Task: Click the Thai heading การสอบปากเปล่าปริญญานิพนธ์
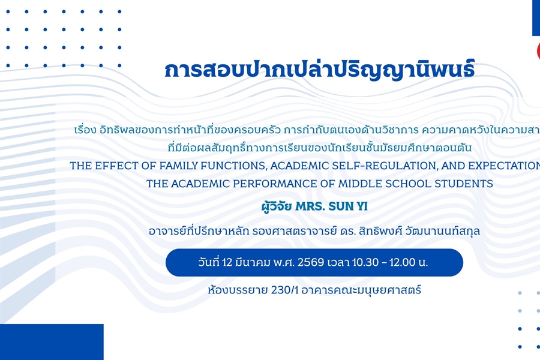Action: [x=319, y=70]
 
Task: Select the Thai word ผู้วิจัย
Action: [x=277, y=207]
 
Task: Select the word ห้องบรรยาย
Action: [x=229, y=290]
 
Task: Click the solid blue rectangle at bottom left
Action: [x=52, y=341]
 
